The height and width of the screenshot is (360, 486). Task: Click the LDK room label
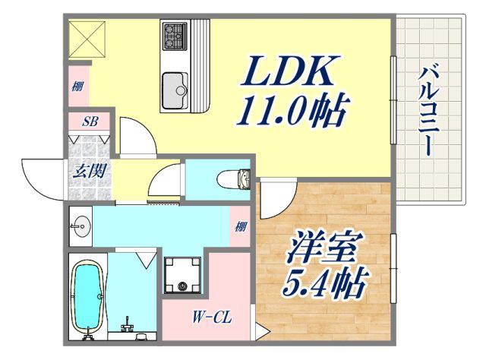[290, 71]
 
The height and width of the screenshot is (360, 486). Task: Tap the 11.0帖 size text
[293, 110]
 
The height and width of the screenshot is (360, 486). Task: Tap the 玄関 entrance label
[90, 170]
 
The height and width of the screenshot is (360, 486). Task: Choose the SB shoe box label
[90, 122]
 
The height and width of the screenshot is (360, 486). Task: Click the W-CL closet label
[212, 317]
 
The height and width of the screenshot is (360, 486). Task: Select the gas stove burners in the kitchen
[175, 35]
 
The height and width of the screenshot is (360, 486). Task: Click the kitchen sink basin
[175, 90]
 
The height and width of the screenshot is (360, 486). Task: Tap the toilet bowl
[233, 179]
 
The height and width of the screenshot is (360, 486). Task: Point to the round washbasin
[81, 226]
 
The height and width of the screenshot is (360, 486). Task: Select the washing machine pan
[182, 275]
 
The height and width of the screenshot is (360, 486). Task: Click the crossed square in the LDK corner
[87, 39]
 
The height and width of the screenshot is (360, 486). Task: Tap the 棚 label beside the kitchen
[77, 86]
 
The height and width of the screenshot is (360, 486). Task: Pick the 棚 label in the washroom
[240, 226]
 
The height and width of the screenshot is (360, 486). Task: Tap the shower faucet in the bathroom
[128, 324]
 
